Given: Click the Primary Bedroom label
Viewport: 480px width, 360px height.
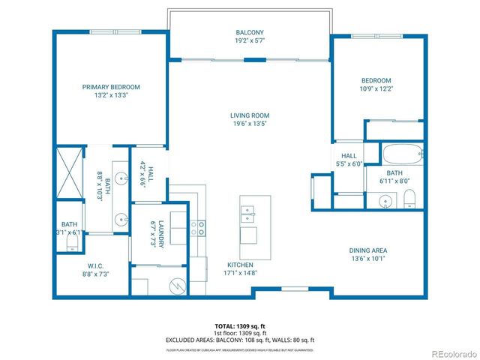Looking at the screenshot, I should point(111,87).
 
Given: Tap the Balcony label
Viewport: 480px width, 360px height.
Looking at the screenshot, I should point(249,33).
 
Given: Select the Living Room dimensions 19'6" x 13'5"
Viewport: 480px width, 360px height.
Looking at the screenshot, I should point(249,124).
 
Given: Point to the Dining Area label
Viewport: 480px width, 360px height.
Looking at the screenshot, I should point(367,250).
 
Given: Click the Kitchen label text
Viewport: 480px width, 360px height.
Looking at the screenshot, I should point(240,265).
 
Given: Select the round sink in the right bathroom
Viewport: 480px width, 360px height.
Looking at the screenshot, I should point(386,201).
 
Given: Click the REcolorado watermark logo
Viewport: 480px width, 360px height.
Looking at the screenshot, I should point(450,353).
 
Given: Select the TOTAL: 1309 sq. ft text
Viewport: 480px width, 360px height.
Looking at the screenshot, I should point(240,326).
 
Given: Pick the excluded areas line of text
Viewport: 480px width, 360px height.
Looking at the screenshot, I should point(240,340).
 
